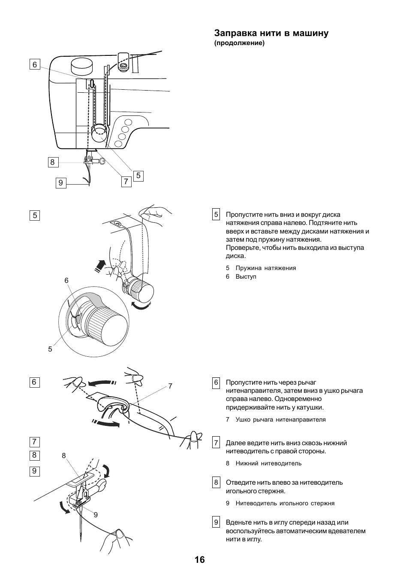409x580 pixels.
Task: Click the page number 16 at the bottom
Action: (x=199, y=560)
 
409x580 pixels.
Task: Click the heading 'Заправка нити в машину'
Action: (x=271, y=33)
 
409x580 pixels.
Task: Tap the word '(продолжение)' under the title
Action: (x=239, y=43)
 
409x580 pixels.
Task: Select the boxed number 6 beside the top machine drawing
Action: (x=35, y=65)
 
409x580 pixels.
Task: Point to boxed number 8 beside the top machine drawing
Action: (x=52, y=162)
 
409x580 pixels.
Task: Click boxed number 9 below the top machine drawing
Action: (x=60, y=183)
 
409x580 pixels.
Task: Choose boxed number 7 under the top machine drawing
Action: (x=126, y=182)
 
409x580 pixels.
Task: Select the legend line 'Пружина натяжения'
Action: (x=265, y=268)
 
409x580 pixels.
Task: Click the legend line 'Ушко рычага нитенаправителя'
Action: (x=280, y=419)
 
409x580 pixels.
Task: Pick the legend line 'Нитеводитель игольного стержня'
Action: (x=285, y=503)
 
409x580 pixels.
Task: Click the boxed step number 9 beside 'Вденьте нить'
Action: (x=216, y=522)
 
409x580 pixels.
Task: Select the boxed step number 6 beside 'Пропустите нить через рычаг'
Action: (x=216, y=383)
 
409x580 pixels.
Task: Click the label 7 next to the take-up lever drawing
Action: (x=170, y=386)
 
